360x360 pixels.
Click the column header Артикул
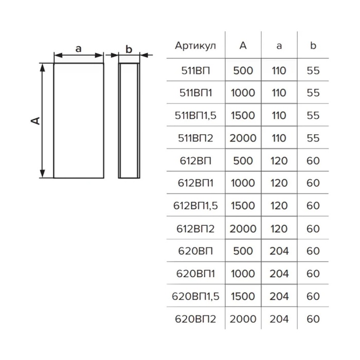[x=195, y=46]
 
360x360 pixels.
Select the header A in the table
[x=243, y=45]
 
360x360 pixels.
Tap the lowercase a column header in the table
[x=279, y=46]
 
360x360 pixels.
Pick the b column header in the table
[x=313, y=45]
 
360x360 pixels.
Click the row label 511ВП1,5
[x=195, y=116]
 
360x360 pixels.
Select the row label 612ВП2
[x=195, y=229]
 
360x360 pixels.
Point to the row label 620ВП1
[x=195, y=274]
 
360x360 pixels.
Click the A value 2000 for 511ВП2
[x=243, y=138]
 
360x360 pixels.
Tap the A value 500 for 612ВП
[x=243, y=160]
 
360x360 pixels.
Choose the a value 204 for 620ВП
[x=279, y=251]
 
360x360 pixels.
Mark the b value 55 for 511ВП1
[x=313, y=93]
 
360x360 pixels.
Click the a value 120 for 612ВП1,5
[x=279, y=206]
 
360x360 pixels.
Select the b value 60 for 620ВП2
[x=313, y=319]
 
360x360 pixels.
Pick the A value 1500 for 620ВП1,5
[x=243, y=296]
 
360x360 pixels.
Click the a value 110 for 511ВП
[x=279, y=70]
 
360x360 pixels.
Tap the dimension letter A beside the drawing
[x=35, y=121]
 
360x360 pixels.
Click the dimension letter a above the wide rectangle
[x=79, y=49]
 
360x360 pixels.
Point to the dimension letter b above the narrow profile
[x=129, y=49]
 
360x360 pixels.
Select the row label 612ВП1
[x=195, y=183]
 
